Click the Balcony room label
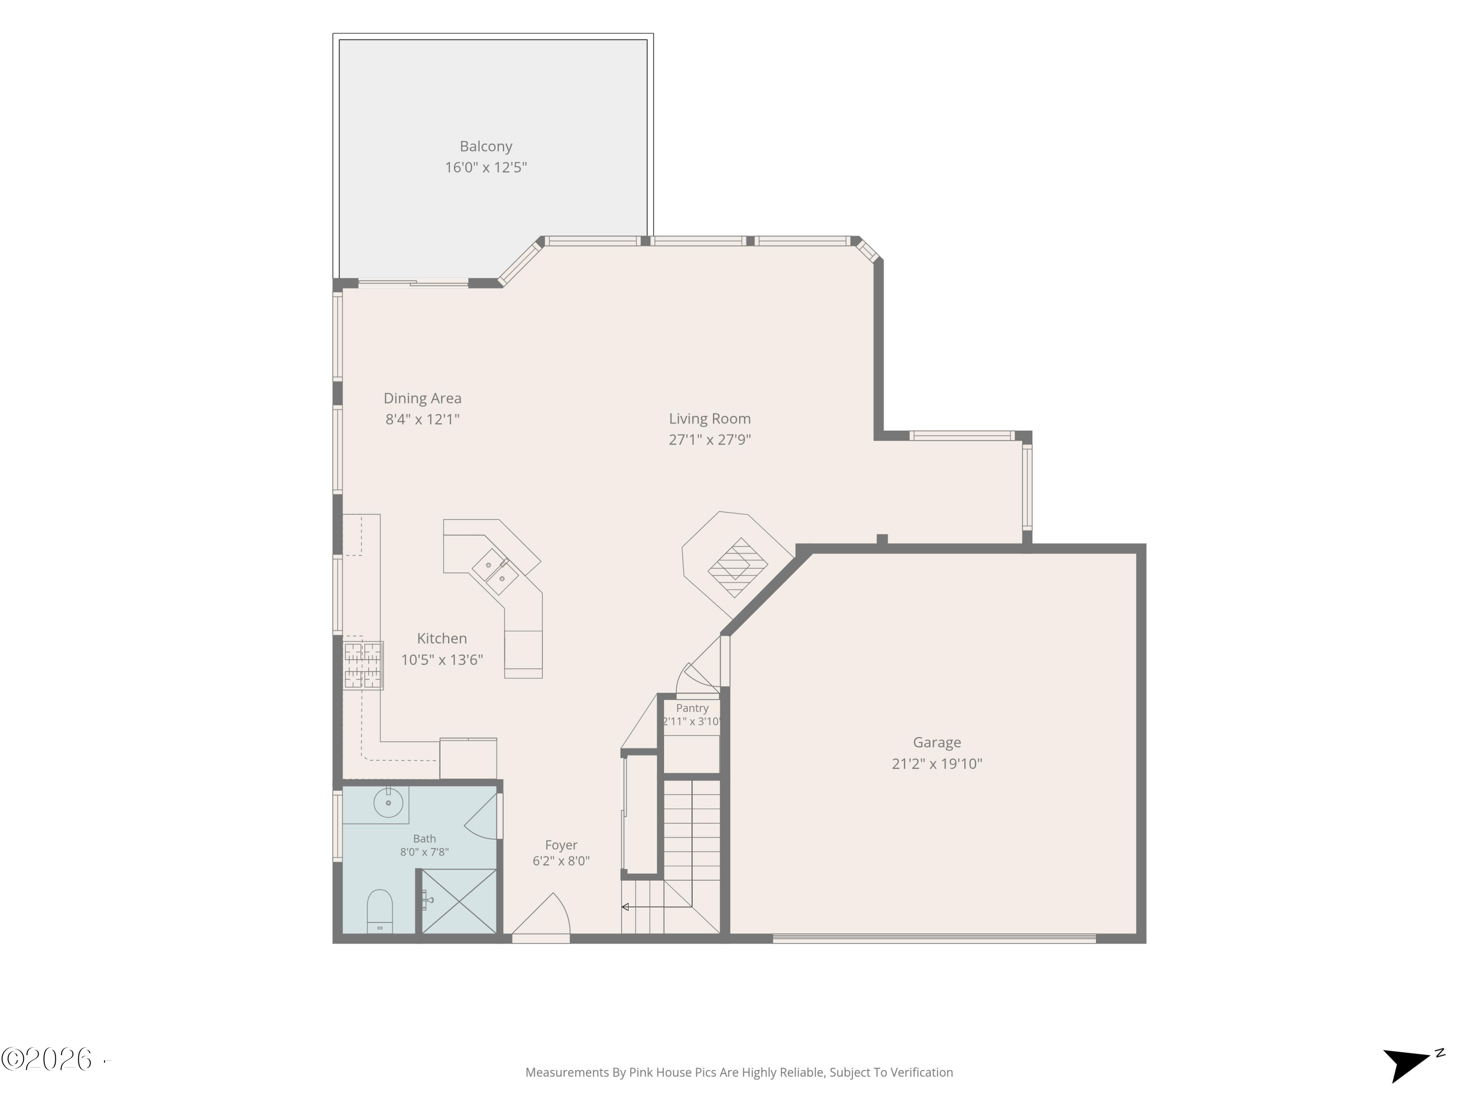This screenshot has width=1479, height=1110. [x=486, y=147]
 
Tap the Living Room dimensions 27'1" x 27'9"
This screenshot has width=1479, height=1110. [x=709, y=440]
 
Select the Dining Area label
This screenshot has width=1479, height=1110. [x=422, y=398]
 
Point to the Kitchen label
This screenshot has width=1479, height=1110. [x=441, y=638]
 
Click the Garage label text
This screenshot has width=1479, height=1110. [x=937, y=742]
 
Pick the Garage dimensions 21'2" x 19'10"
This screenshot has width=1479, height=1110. [x=937, y=763]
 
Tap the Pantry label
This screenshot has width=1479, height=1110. [x=692, y=708]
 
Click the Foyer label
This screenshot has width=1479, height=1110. [x=561, y=845]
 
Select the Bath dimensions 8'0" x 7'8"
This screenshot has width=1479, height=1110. [x=424, y=851]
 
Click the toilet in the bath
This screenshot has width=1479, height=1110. [x=380, y=911]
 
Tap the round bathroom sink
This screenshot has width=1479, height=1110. [x=388, y=802]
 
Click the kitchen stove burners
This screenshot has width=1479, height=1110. [x=363, y=665]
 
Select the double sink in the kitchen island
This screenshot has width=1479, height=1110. [x=495, y=572]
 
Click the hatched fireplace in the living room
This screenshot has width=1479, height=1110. [x=738, y=567]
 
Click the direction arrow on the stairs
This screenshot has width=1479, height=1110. [x=657, y=907]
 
